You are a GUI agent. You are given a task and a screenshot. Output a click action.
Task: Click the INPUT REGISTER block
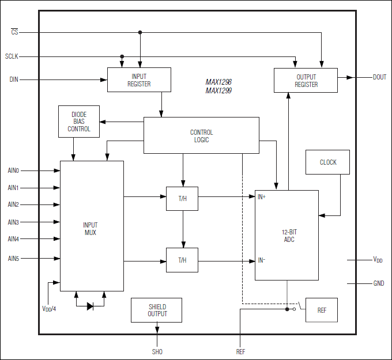(x=139, y=79)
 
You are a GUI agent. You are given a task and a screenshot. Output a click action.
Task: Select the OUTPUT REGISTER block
(x=306, y=80)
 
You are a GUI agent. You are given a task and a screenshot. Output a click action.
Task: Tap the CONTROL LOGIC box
(x=201, y=136)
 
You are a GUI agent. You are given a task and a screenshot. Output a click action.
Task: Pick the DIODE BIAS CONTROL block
(x=79, y=122)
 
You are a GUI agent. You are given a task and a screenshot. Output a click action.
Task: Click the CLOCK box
(x=328, y=162)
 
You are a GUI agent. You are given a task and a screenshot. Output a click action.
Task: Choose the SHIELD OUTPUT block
(x=157, y=310)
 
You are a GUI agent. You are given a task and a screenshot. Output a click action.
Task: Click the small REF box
(x=322, y=310)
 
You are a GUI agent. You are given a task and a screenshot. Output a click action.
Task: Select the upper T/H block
(x=182, y=198)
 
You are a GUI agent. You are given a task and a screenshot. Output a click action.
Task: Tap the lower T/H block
(x=182, y=260)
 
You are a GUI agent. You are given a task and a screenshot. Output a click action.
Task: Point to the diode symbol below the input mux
(x=90, y=306)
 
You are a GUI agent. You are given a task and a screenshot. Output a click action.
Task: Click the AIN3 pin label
(x=13, y=222)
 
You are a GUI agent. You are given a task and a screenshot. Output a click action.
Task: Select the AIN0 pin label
(x=13, y=170)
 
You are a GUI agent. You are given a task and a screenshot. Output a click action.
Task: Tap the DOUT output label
(x=379, y=77)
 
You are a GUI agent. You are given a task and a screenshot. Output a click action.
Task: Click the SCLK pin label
(x=12, y=56)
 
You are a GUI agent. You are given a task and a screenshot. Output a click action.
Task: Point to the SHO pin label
(x=157, y=351)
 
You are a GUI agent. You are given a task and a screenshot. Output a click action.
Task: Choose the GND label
(x=379, y=283)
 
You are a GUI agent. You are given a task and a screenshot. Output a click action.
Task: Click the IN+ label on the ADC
(x=261, y=197)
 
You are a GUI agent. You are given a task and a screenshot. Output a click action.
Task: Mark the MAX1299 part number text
(x=218, y=90)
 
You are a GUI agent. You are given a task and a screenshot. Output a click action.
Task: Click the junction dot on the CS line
(x=140, y=32)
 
